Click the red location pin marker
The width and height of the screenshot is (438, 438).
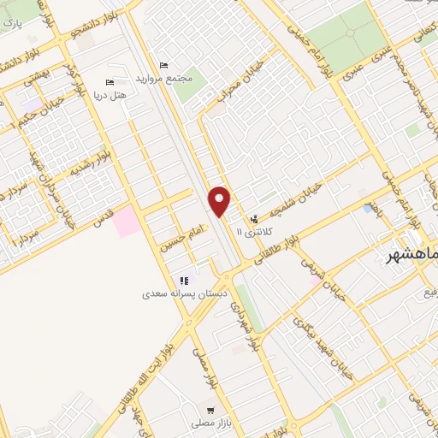point(221,201)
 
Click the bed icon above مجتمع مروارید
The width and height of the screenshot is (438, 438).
point(164,66)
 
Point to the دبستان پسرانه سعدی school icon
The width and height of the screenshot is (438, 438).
point(182,280)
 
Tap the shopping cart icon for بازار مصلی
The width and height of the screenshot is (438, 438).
point(205,409)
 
